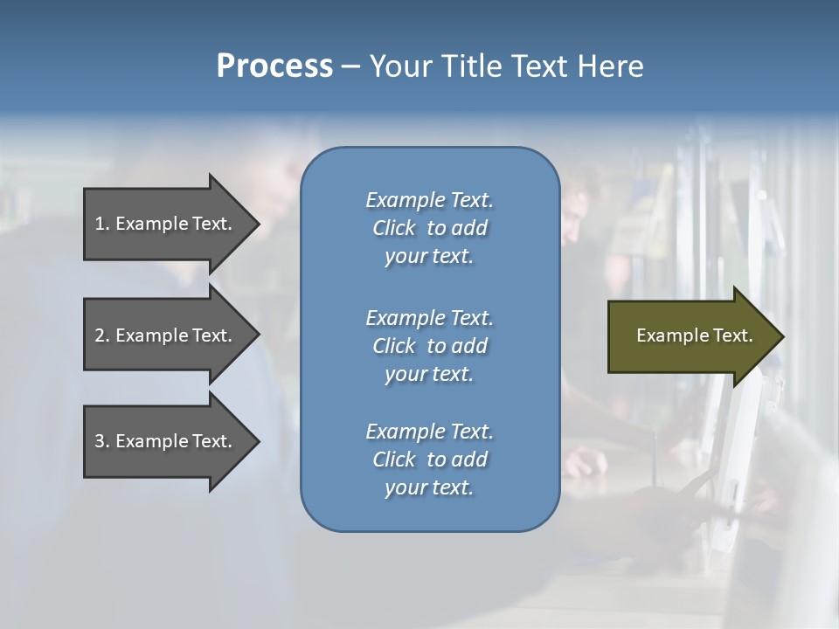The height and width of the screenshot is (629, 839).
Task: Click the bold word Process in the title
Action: pos(274,66)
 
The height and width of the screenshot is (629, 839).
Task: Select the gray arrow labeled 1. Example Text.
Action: pos(166,224)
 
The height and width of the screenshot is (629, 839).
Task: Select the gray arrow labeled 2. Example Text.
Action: pos(166,335)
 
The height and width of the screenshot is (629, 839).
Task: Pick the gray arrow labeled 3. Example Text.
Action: pos(166,441)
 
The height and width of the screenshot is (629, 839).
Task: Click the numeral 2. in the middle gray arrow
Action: pos(101,335)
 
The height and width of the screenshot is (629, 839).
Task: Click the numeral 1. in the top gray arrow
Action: pos(101,224)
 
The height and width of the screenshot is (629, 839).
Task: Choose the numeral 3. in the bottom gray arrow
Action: pos(101,441)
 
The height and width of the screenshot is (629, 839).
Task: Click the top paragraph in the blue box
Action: pos(429,228)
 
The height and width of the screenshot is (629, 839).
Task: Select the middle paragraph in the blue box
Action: pos(429,346)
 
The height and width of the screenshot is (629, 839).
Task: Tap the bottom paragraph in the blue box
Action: pos(429,460)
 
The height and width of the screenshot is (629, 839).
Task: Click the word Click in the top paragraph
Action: pos(393,228)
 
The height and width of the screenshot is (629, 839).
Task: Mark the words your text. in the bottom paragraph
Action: pos(429,487)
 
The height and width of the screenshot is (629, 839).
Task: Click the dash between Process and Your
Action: pos(350,66)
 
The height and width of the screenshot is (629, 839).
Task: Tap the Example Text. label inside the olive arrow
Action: pos(694,335)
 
